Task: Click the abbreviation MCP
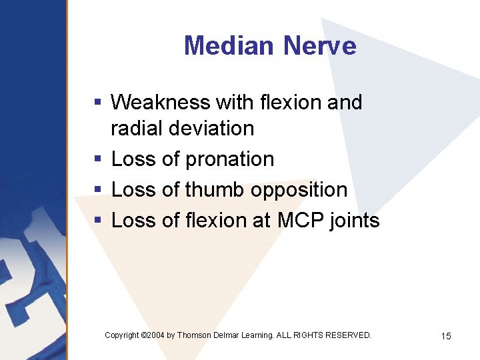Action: [299, 221]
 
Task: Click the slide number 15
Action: [446, 336]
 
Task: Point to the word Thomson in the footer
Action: [195, 335]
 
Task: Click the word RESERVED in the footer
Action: [347, 335]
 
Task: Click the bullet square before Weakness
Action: [97, 103]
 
